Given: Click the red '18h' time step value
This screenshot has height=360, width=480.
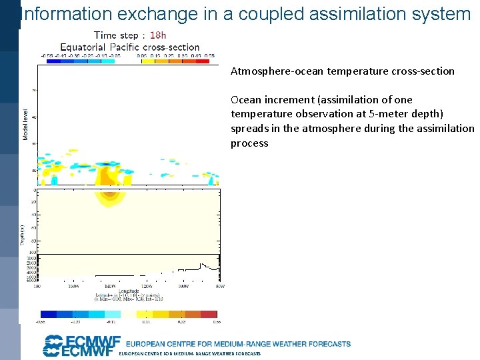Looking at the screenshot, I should coord(158,35).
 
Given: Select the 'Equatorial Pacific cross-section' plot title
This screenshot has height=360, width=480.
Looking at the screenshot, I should coord(129,47).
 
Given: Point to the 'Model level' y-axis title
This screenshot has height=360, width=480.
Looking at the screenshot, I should coord(26,125).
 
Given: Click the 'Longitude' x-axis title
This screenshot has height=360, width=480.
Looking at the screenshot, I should coord(129,291).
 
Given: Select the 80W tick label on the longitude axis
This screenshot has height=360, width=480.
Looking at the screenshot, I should coord(219,286).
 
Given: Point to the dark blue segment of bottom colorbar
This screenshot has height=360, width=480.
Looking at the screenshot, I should coord(49,313).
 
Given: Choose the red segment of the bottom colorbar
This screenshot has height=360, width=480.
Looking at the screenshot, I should coord(209,313).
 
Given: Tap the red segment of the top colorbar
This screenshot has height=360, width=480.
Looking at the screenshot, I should coord(209,60).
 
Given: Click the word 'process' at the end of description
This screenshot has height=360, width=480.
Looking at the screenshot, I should coord(249,143).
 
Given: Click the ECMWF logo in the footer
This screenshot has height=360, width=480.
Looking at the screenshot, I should coord(79,346).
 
